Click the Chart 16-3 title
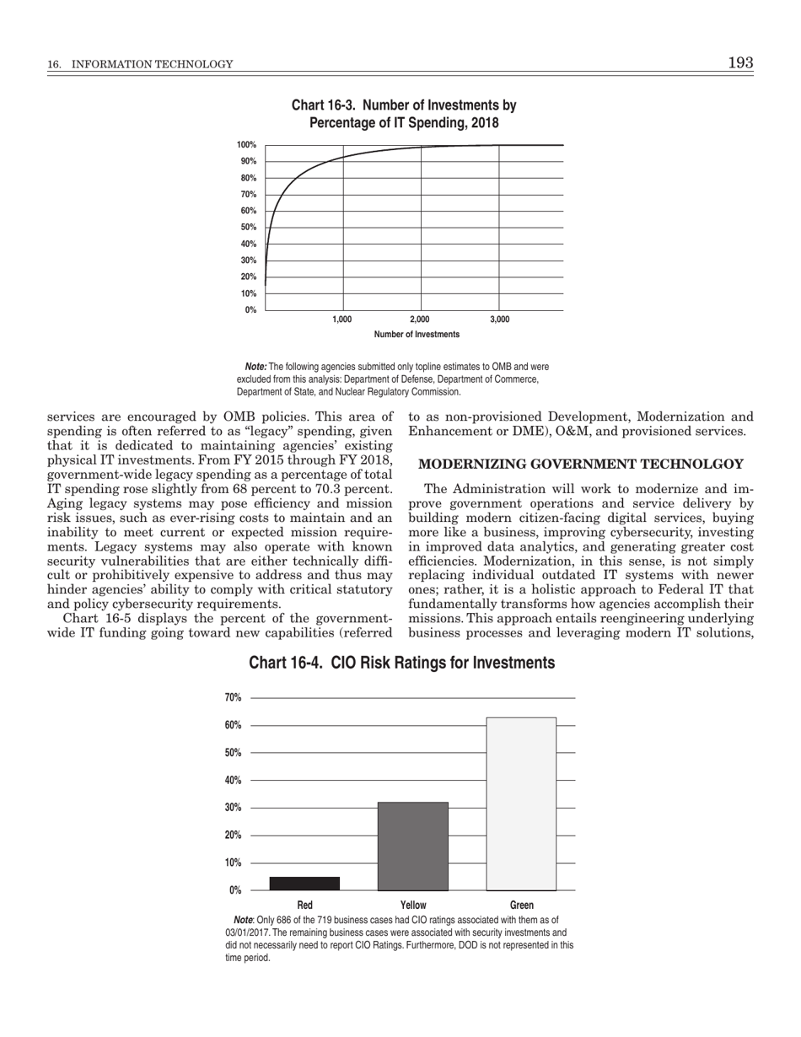[404, 114]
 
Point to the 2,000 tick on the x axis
[420, 320]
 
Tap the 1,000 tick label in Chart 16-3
[342, 320]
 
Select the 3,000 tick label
[499, 320]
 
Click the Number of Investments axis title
[417, 335]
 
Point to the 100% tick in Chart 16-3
[246, 145]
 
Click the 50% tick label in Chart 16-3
[248, 228]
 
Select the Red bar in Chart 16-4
[304, 883]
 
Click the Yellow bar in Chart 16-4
[413, 846]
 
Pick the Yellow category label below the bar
[413, 905]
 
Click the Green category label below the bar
[521, 905]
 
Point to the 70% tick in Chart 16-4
[234, 697]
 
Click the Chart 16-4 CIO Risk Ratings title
[401, 664]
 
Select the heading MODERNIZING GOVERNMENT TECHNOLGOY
[581, 465]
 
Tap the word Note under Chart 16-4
[243, 920]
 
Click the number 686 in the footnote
[291, 920]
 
